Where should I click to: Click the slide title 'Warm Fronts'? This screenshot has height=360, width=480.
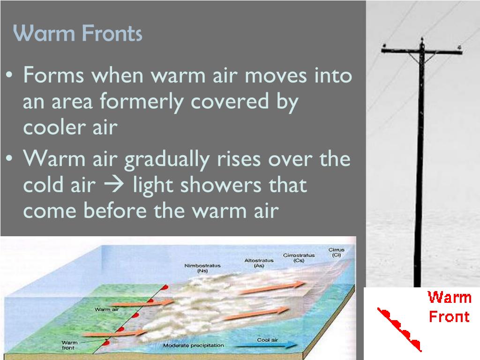(77, 34)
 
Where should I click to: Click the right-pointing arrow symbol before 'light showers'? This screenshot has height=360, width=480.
(115, 186)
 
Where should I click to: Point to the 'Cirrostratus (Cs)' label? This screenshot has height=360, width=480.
(299, 258)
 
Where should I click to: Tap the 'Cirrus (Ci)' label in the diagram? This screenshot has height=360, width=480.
(336, 253)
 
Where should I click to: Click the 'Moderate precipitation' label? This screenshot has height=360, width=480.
(193, 346)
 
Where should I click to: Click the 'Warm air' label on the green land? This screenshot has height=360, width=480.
(105, 309)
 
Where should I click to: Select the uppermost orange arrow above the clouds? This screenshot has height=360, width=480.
(272, 287)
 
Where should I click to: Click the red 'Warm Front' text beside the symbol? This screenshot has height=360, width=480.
(449, 307)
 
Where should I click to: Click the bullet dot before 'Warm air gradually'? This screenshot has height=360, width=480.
(9, 160)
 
